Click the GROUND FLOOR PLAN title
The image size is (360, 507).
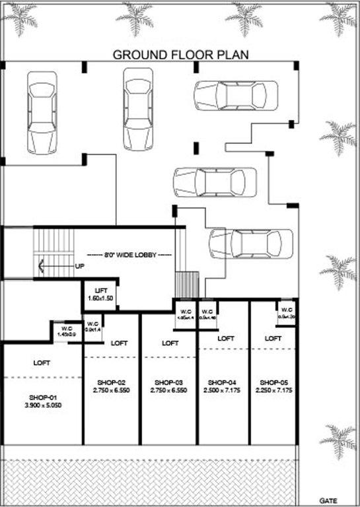(180, 53)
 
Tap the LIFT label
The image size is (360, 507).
(100, 290)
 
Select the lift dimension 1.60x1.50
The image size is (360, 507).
(100, 299)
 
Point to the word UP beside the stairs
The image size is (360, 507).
(79, 267)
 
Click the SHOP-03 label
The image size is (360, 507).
(168, 382)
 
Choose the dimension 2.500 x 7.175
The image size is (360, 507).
(221, 391)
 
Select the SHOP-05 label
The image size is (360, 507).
(273, 382)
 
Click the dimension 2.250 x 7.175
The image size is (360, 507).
(273, 391)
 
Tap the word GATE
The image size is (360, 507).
(329, 500)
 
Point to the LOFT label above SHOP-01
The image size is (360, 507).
(41, 362)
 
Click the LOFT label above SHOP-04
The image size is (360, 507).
(225, 338)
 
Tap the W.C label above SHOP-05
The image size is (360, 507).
(286, 309)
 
